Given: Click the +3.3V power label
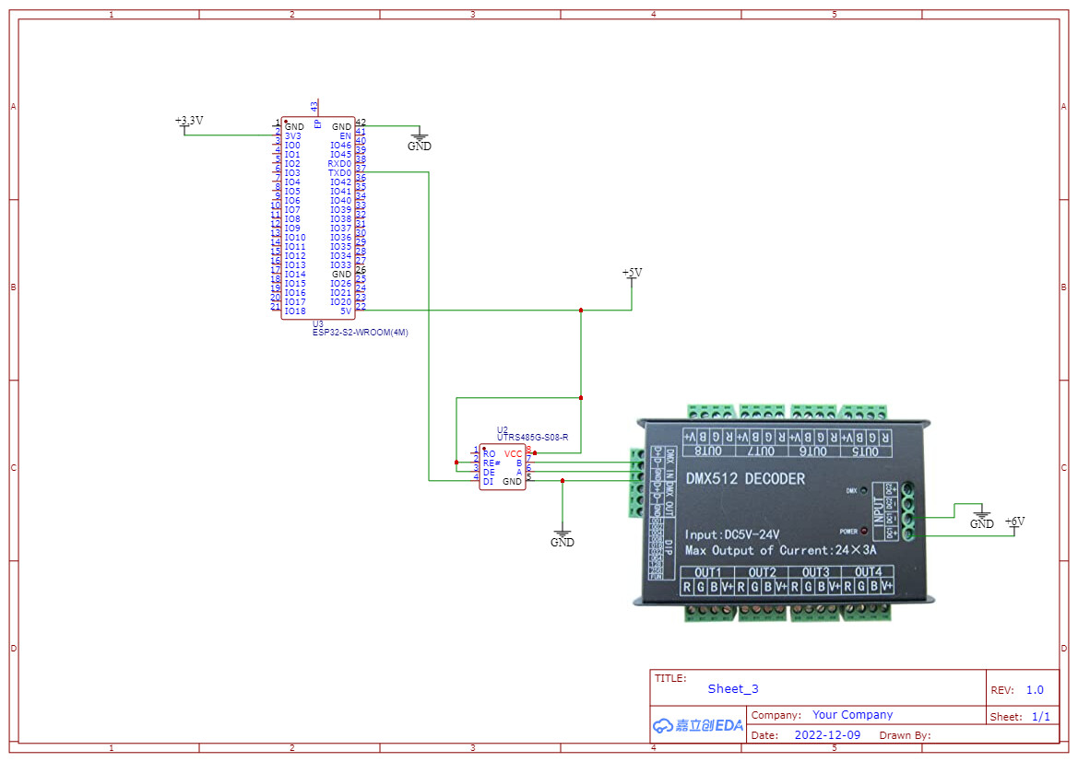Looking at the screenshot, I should coord(189,121).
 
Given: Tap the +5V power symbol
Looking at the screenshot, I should coord(632,274).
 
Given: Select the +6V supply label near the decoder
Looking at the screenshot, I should coord(1014,522).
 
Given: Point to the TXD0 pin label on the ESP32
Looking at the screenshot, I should coord(339,173).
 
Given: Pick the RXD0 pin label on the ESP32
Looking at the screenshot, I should coord(339,164).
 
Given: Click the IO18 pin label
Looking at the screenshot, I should coord(295,311).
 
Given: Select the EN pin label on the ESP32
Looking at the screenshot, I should coord(346,135).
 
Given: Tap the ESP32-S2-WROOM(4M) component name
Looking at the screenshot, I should coord(360,333).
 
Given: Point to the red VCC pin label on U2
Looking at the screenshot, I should coord(513,453).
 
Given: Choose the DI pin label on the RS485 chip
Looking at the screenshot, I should coord(488,481).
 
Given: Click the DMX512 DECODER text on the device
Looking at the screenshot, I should coord(744,479).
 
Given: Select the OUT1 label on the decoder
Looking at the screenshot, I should coord(709,572).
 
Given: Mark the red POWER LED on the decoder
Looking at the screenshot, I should coord(864,531).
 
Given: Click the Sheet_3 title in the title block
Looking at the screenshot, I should coord(733,689).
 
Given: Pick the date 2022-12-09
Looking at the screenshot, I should coord(827,735).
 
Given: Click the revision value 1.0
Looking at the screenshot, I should coord(1035,690).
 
